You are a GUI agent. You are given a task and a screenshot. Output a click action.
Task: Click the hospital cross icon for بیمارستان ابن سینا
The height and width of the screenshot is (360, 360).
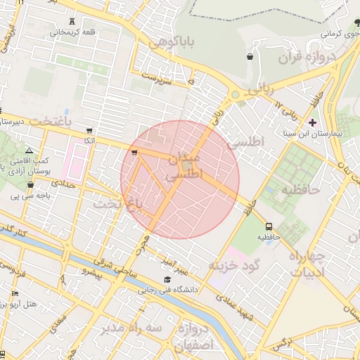312,122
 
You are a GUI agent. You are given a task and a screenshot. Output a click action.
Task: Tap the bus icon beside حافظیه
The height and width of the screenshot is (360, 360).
269,226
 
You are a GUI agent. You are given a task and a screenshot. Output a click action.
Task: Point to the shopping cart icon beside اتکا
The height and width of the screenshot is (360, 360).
89,131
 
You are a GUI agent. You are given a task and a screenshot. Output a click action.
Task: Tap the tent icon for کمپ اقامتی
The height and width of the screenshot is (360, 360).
29,150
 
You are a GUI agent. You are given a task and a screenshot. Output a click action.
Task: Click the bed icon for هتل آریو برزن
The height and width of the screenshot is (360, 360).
15,293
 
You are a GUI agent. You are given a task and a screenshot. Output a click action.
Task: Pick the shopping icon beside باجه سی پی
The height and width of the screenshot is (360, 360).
30,185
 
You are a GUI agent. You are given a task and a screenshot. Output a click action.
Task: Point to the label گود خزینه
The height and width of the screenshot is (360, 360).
234,266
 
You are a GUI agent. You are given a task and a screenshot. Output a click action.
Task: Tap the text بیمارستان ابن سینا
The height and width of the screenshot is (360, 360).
333,133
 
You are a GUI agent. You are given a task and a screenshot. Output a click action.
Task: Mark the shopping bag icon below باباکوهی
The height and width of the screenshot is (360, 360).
250,56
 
